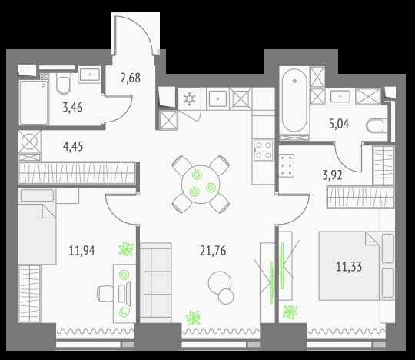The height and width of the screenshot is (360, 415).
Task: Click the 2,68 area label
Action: [x=130, y=78]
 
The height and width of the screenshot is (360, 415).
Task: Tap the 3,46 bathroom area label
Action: [x=72, y=108]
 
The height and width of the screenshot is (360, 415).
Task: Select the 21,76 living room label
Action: [x=213, y=251]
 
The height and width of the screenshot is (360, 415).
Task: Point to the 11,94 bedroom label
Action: [x=81, y=251]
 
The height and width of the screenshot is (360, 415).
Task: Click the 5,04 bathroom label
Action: [x=339, y=124]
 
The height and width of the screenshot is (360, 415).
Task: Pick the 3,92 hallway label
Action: [x=333, y=175]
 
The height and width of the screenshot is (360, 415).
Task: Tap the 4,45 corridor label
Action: [x=73, y=146]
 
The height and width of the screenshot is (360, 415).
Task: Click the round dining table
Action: [x=201, y=185]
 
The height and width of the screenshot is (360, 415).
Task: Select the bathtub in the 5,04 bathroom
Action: [x=294, y=101]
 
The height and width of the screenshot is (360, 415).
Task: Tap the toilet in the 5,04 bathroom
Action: [x=377, y=126]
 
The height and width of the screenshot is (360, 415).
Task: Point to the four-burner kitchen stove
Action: [x=263, y=150]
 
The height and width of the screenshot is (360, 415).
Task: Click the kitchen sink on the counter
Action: [x=217, y=98]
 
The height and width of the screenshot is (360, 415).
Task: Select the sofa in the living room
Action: [x=156, y=280]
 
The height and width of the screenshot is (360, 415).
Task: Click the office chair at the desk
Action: [x=105, y=294]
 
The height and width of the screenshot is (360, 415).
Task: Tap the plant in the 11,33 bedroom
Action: [x=290, y=312]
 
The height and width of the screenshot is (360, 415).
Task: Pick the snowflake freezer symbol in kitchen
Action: [x=190, y=98]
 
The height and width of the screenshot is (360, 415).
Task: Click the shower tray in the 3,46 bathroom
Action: [x=34, y=102]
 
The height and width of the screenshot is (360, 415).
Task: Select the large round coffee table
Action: [x=219, y=283]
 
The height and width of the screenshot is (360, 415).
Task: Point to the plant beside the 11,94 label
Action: [x=126, y=249]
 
